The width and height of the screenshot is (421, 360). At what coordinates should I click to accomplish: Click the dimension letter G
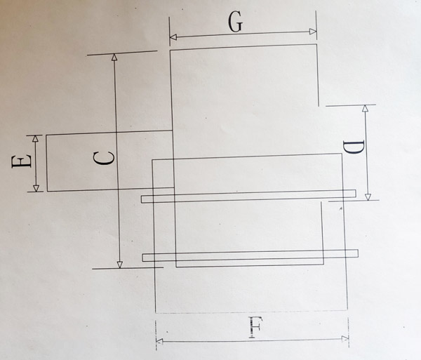(x=236, y=22)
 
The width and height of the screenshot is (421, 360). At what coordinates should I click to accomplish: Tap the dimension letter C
(x=104, y=158)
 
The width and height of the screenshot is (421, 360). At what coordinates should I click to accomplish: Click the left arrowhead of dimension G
(x=173, y=36)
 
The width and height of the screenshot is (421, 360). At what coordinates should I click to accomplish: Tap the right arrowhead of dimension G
(x=313, y=32)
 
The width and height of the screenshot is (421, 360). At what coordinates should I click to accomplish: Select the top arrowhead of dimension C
(x=114, y=57)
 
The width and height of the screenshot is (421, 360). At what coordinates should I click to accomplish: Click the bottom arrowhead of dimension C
(x=120, y=265)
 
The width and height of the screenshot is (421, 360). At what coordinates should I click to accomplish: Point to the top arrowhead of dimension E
(x=35, y=139)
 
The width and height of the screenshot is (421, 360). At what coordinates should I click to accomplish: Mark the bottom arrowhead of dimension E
(x=36, y=188)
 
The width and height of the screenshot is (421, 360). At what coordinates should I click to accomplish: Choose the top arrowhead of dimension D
(x=365, y=108)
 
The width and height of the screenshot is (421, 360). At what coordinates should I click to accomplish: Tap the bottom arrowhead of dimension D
(x=368, y=197)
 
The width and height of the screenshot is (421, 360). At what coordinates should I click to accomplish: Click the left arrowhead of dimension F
(x=160, y=342)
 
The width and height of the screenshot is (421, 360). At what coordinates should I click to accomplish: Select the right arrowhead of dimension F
(x=345, y=338)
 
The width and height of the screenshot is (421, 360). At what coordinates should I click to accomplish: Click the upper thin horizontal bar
(x=248, y=196)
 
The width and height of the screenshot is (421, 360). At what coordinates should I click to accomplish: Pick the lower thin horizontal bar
(x=250, y=255)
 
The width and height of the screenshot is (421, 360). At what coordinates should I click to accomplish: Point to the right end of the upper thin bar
(x=356, y=194)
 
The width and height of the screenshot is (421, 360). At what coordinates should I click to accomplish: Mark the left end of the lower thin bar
(x=142, y=258)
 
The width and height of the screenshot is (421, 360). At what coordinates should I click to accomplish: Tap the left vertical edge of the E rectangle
(x=47, y=163)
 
